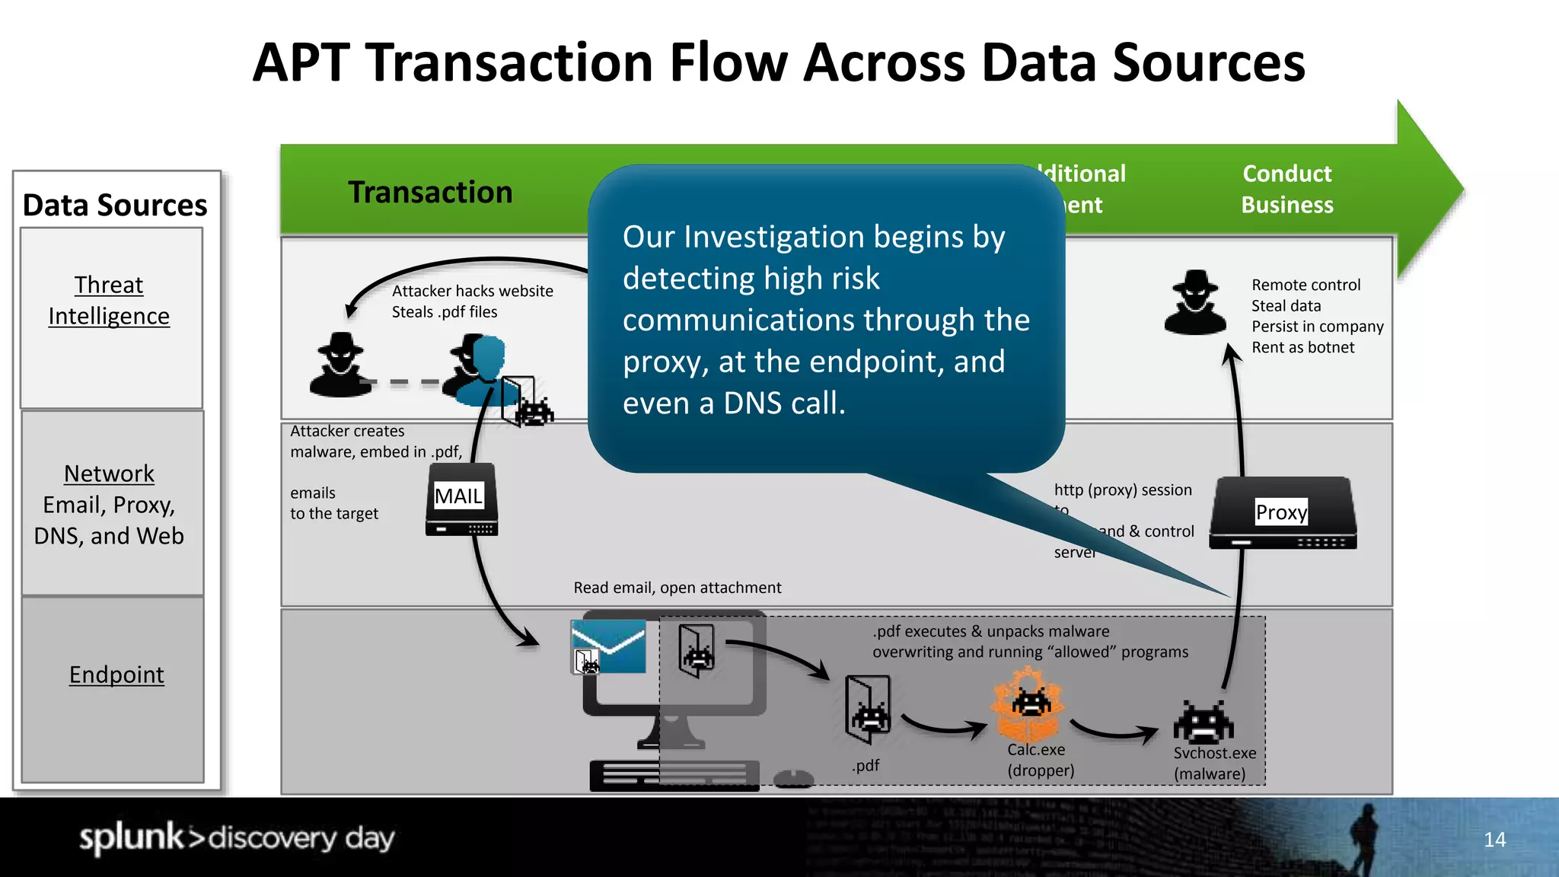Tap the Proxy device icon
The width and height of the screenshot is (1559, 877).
(1283, 512)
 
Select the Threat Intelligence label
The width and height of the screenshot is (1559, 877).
(109, 300)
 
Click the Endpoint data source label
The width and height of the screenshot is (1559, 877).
(116, 674)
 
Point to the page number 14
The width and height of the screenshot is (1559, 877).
(1494, 840)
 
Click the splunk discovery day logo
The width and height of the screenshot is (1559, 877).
(237, 837)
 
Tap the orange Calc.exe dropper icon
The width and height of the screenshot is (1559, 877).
(1028, 704)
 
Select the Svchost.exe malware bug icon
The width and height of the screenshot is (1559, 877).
(1203, 722)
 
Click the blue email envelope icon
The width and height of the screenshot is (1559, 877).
(608, 646)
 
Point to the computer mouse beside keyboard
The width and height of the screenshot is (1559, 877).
(793, 778)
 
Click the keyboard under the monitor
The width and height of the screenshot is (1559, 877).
(674, 776)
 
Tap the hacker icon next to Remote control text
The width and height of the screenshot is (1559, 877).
(1195, 302)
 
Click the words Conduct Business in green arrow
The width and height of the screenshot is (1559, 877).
(1286, 189)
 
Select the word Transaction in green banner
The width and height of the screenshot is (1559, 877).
(430, 192)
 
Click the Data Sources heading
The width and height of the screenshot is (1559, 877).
(115, 205)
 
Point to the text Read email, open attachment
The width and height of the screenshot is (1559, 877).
(677, 588)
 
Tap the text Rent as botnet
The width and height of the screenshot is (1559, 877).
(1302, 347)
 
